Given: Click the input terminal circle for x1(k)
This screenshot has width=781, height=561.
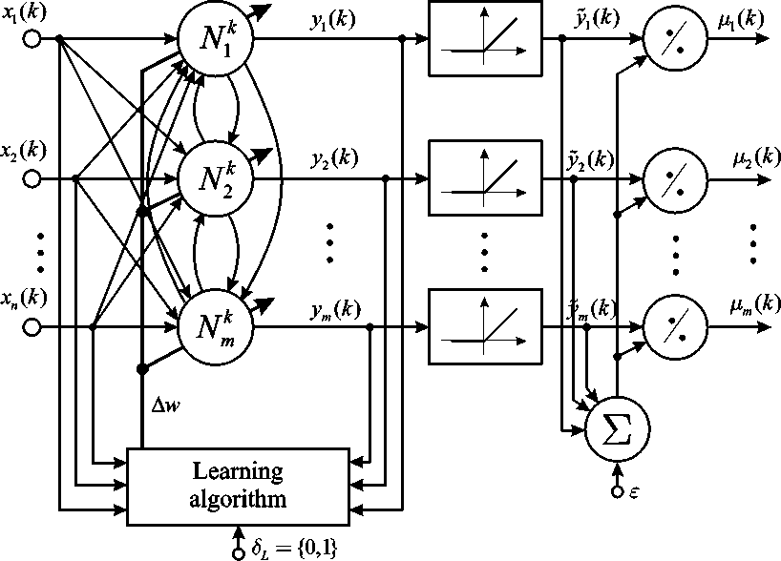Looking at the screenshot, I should point(32,39).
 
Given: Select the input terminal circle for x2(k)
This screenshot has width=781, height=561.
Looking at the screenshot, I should point(32,177).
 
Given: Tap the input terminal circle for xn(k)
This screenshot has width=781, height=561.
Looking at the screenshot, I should point(32,326).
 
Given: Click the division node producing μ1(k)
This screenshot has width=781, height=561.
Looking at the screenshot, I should point(674,40).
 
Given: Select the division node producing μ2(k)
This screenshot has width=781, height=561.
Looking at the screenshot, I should point(674,178).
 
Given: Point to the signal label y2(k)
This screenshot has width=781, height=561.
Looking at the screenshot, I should point(333,157).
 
